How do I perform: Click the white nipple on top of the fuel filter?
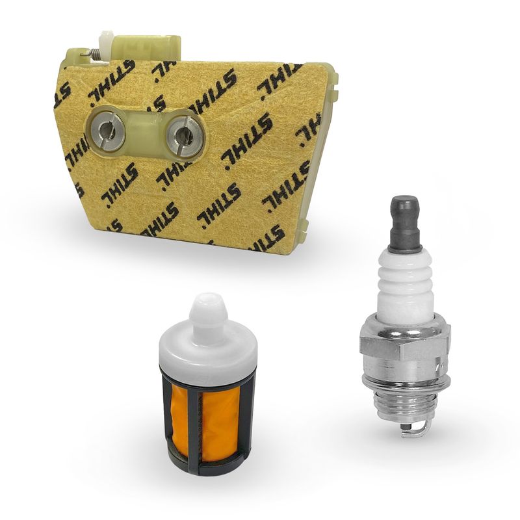[x=207, y=311]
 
